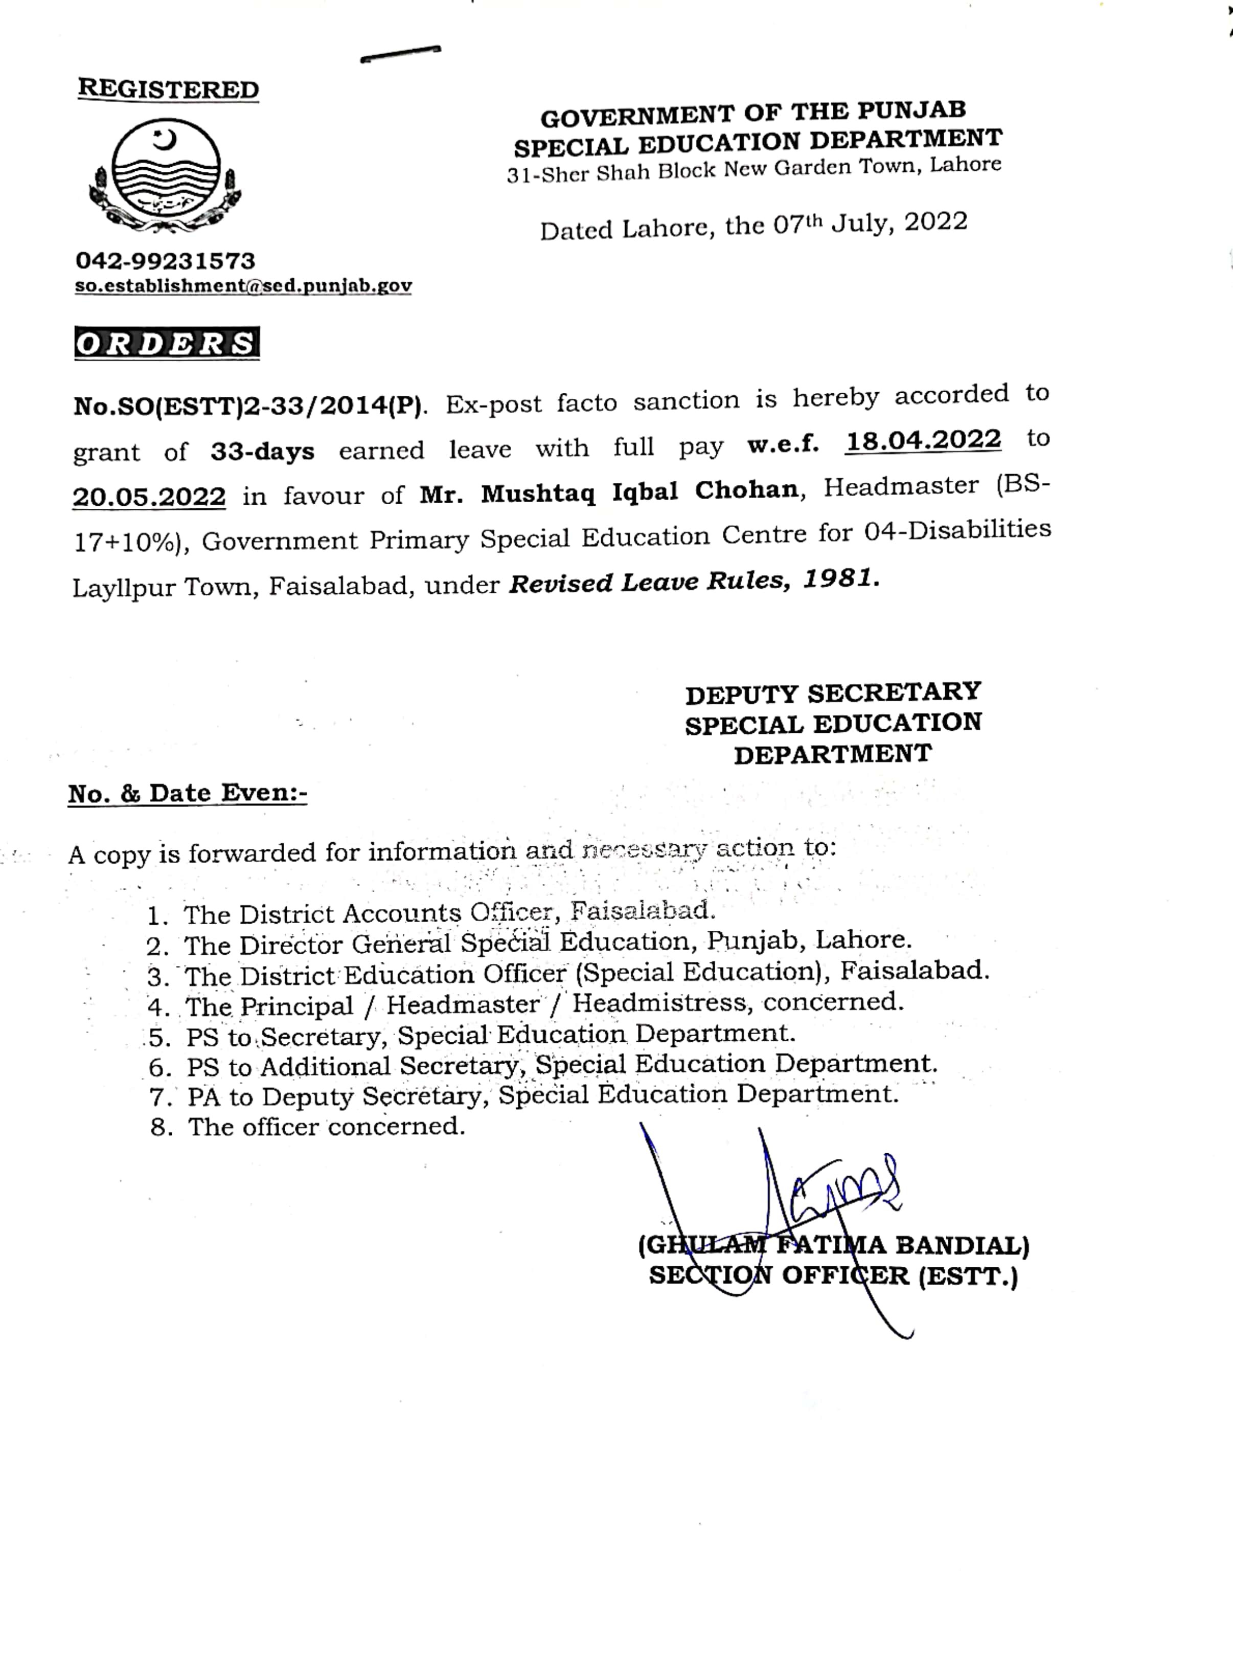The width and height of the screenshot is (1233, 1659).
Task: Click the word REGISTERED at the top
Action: [x=168, y=89]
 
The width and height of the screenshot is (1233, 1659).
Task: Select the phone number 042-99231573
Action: [x=165, y=261]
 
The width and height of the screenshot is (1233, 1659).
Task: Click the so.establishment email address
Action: [x=243, y=286]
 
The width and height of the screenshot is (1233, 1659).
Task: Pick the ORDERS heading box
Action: [x=167, y=344]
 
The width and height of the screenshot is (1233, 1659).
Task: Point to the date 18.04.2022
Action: [x=923, y=440]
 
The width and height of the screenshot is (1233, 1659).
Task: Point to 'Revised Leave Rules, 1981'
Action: [x=694, y=581]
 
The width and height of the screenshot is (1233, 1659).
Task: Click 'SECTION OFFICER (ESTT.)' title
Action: [x=833, y=1276]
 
